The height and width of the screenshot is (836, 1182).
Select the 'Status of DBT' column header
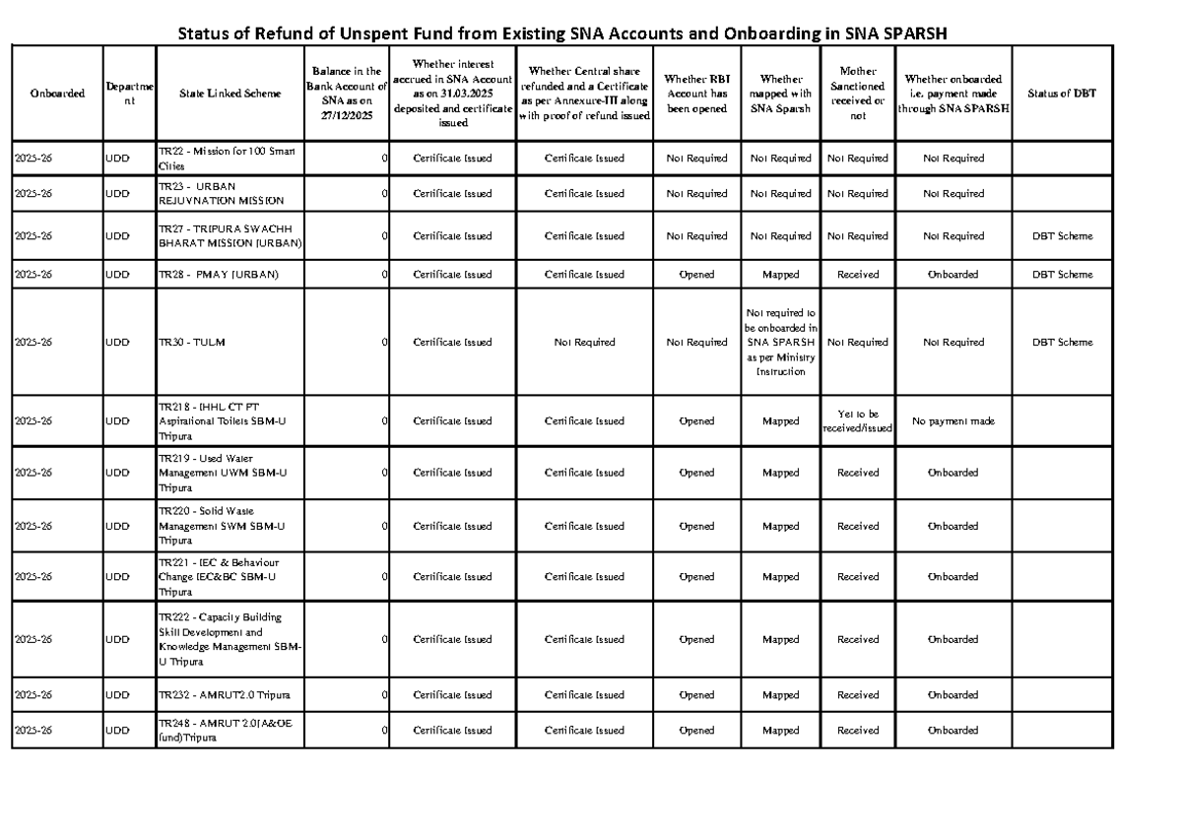click(x=1061, y=94)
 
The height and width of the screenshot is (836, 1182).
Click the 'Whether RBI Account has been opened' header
click(x=697, y=94)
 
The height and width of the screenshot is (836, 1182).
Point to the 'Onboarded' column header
click(x=57, y=94)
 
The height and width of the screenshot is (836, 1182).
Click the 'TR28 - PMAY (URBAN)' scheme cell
click(x=218, y=275)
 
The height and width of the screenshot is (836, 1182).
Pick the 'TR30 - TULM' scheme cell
click(x=186, y=343)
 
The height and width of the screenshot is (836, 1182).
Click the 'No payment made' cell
click(x=952, y=421)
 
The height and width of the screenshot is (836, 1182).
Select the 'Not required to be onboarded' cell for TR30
click(x=781, y=343)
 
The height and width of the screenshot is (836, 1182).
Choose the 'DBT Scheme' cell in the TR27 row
click(x=1062, y=236)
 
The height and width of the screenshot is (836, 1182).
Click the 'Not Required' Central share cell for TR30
click(x=584, y=343)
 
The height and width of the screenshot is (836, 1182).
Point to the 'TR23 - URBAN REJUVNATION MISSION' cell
click(x=214, y=194)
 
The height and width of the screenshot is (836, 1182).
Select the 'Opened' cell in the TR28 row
click(x=696, y=275)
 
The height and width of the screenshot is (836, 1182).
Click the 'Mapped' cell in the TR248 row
click(x=781, y=731)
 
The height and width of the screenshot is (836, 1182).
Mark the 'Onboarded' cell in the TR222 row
click(x=952, y=640)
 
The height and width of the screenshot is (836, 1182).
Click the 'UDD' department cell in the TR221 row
click(x=118, y=577)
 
